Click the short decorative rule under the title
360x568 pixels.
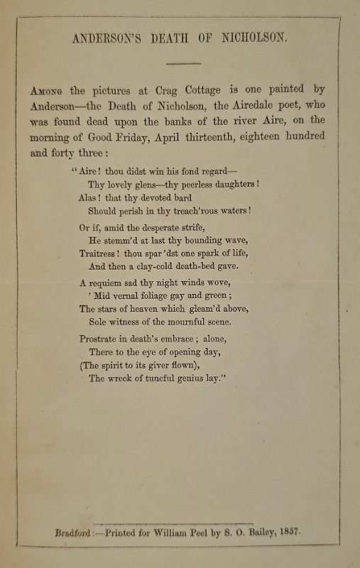pos(185,63)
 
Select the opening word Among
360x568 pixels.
pos(46,92)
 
